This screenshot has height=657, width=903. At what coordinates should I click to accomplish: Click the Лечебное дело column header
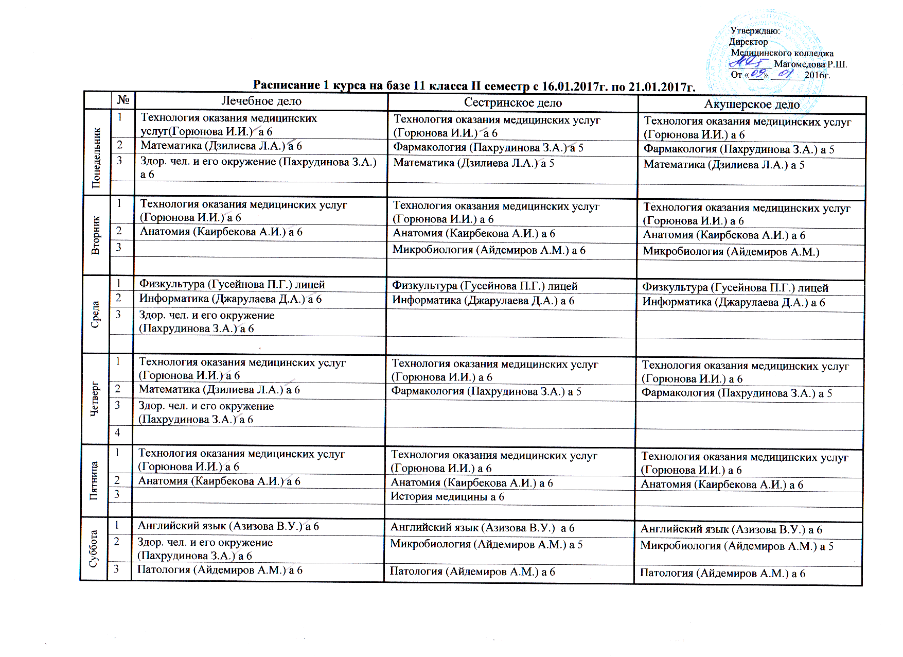coord(261,101)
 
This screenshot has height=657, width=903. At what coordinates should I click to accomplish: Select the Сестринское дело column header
coord(512,103)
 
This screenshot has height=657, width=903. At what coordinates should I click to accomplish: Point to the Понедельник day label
coord(96,152)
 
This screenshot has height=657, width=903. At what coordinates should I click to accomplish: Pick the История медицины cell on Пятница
coord(447,497)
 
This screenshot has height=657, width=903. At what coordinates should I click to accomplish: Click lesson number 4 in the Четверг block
coord(118,433)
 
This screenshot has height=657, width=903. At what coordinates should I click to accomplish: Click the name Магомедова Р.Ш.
coord(810,64)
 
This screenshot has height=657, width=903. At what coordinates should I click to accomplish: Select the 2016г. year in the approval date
coord(818,75)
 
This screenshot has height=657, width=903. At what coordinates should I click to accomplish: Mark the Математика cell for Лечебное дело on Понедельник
coord(221,146)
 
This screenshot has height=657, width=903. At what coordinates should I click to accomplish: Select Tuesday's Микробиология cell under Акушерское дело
coord(731,252)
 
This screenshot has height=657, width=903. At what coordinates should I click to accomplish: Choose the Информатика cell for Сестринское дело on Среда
coord(483,301)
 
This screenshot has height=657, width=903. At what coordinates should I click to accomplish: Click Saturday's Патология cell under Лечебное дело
coord(220,570)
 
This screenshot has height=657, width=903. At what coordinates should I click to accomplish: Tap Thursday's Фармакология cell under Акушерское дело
coord(736,394)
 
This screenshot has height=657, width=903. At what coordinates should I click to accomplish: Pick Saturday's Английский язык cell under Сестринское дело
coord(482,528)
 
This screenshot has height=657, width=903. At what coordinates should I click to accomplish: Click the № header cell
coord(123,100)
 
